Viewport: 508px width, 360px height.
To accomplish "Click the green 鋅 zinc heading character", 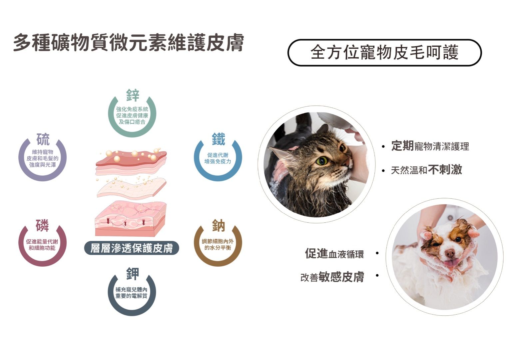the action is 133,95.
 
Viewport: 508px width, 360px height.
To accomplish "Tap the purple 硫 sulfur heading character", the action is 43,139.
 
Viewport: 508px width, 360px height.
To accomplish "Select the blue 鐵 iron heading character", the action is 219,139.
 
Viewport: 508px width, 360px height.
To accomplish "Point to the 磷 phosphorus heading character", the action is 42,225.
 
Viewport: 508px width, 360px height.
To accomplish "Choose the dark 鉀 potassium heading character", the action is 133,274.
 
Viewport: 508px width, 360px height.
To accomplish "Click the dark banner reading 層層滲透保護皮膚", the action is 132,248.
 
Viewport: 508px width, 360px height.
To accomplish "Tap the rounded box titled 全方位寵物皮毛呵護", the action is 385,52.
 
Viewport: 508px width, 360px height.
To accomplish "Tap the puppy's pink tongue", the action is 451,263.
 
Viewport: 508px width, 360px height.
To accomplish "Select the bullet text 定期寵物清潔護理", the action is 430,146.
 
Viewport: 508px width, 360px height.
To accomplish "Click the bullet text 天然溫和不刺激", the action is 426,170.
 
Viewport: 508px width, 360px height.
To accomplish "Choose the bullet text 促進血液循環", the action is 334,254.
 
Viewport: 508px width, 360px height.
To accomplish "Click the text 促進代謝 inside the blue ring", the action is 218,155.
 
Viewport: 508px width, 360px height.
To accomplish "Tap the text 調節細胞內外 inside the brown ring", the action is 218,241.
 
